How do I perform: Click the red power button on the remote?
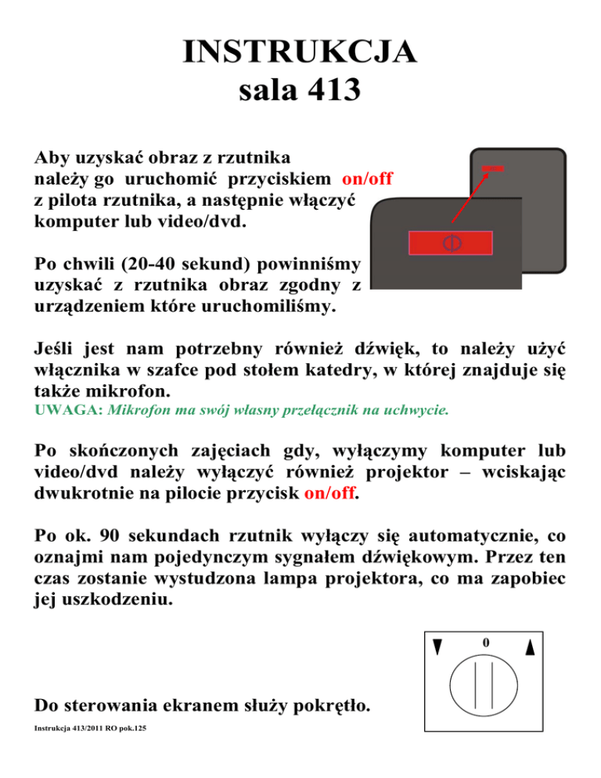tap(449, 243)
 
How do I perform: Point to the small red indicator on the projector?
tap(493, 168)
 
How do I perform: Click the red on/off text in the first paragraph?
tap(367, 178)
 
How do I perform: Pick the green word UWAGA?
tap(59, 409)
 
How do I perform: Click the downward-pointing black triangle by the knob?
tap(438, 648)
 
